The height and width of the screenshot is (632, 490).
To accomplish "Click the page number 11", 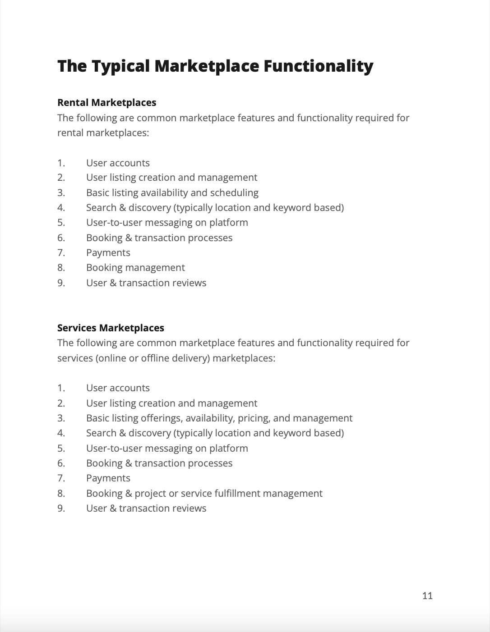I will coord(427,595).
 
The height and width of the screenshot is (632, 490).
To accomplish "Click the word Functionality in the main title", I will coord(318,66).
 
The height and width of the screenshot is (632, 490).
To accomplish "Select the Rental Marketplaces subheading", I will coord(107,103).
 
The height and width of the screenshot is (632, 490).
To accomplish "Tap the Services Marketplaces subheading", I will coord(111,328).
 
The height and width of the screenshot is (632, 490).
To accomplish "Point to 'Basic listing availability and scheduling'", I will coord(172,192).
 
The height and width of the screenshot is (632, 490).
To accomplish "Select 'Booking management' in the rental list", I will coord(135,268).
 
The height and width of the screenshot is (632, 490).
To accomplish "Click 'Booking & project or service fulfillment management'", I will coord(204,493).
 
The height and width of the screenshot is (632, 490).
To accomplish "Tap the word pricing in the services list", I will coord(254,418).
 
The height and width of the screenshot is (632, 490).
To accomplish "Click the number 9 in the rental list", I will coord(61,283).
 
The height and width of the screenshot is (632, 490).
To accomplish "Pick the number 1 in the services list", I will coord(61,388).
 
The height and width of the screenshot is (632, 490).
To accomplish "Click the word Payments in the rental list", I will coord(108,253).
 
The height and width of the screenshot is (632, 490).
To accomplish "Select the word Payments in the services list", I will coord(108,478).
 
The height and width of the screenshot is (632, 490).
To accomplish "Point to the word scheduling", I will coord(234,192).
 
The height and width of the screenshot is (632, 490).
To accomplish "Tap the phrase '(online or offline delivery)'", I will coord(153,358).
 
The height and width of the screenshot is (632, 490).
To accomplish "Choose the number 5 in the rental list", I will coord(61,223).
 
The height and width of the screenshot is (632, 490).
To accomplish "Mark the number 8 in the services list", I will coord(61,493).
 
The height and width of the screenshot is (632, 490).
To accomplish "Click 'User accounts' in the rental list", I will coord(118,163).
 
